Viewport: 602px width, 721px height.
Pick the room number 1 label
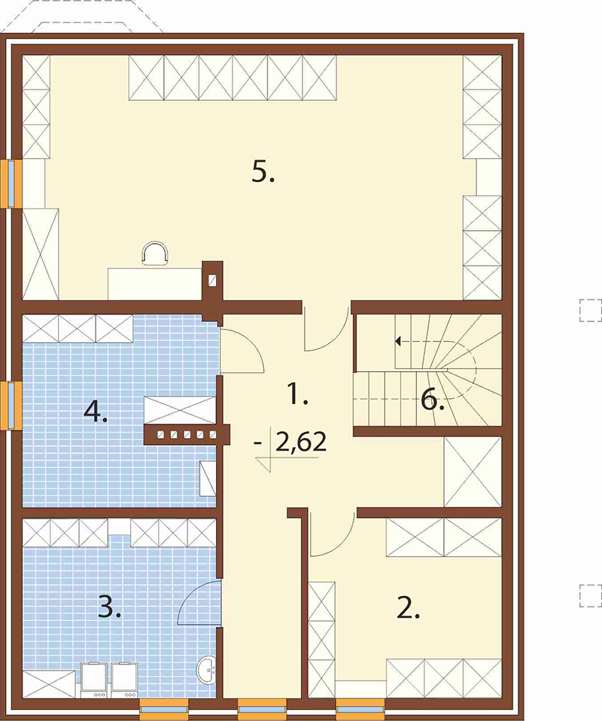click(x=297, y=394)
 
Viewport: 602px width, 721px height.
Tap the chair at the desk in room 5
click(x=154, y=254)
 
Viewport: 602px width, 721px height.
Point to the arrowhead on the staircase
click(x=398, y=341)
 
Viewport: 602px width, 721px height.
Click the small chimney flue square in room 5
click(x=212, y=281)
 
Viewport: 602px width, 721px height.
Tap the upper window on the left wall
click(x=11, y=184)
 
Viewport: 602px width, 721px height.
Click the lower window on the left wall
click(x=11, y=406)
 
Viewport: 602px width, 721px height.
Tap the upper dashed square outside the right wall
click(x=591, y=310)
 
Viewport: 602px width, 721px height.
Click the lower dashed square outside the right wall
click(x=591, y=595)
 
